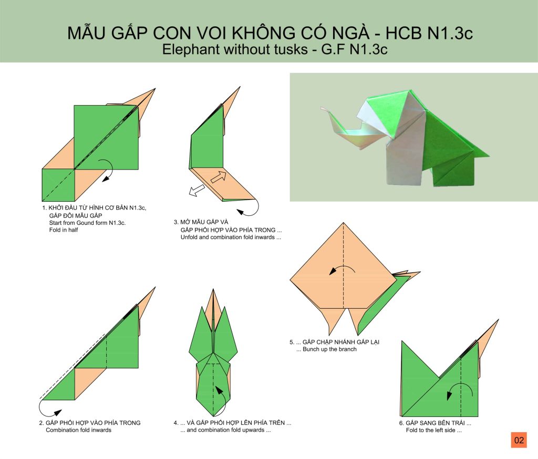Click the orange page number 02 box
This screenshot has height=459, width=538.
pos(519,440)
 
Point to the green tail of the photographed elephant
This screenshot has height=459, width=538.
pos(477,151)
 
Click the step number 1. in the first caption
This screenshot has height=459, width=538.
pos(44,208)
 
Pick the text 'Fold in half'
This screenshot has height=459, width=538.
pos(64,230)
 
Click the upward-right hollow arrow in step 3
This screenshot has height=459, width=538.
pos(219,176)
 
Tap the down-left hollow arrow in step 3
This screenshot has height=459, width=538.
pos(196,191)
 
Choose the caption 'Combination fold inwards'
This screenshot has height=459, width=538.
pos(79,430)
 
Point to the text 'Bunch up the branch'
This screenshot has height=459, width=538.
pos(329,349)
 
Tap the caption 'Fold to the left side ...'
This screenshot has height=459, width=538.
pos(433,430)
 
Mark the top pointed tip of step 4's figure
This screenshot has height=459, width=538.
pos(213,290)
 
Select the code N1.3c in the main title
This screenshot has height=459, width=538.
pos(450,33)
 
